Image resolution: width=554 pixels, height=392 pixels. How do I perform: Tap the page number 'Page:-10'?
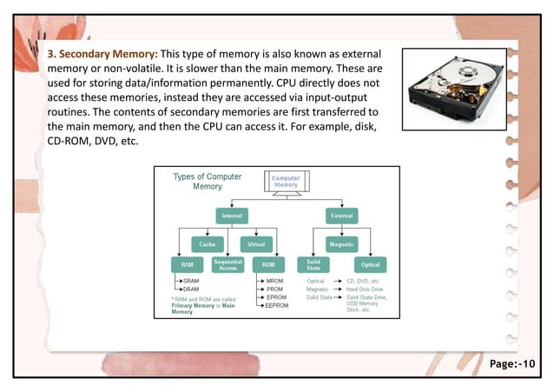click(x=514, y=362)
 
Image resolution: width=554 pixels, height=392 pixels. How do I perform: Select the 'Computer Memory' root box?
click(x=286, y=182)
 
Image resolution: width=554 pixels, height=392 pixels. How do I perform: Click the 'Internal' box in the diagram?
click(x=231, y=215)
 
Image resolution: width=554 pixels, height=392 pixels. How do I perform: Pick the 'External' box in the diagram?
click(x=341, y=215)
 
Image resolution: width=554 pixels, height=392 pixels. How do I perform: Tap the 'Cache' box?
click(x=208, y=244)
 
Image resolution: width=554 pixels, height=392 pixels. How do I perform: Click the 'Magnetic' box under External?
click(x=341, y=244)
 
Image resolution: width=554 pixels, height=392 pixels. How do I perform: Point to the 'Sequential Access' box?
click(x=228, y=264)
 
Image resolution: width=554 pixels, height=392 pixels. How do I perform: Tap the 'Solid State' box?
click(x=313, y=264)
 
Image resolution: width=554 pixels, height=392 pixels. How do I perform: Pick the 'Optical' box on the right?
click(x=370, y=264)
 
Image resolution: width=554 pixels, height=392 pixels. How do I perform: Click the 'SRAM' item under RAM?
click(x=191, y=281)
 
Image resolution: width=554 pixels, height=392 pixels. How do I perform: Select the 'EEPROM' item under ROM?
click(x=277, y=306)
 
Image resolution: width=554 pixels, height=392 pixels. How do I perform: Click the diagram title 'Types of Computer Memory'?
click(x=208, y=181)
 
